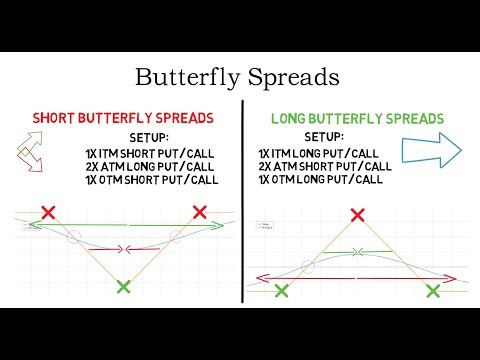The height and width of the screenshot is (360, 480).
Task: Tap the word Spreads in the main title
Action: coord(295,78)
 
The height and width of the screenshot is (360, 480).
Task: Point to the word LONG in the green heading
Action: coord(294,118)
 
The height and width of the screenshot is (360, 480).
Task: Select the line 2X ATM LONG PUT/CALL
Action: coord(149,165)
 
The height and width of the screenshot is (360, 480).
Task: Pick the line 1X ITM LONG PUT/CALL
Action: coord(318,152)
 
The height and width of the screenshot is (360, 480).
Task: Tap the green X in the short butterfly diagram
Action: coord(122,287)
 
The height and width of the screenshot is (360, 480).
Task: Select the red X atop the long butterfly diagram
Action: coord(357,214)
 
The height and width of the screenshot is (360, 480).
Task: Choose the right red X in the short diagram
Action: coord(199,212)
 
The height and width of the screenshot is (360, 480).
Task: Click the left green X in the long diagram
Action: coord(281,290)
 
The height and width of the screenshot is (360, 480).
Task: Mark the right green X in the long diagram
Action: coord(433,290)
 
